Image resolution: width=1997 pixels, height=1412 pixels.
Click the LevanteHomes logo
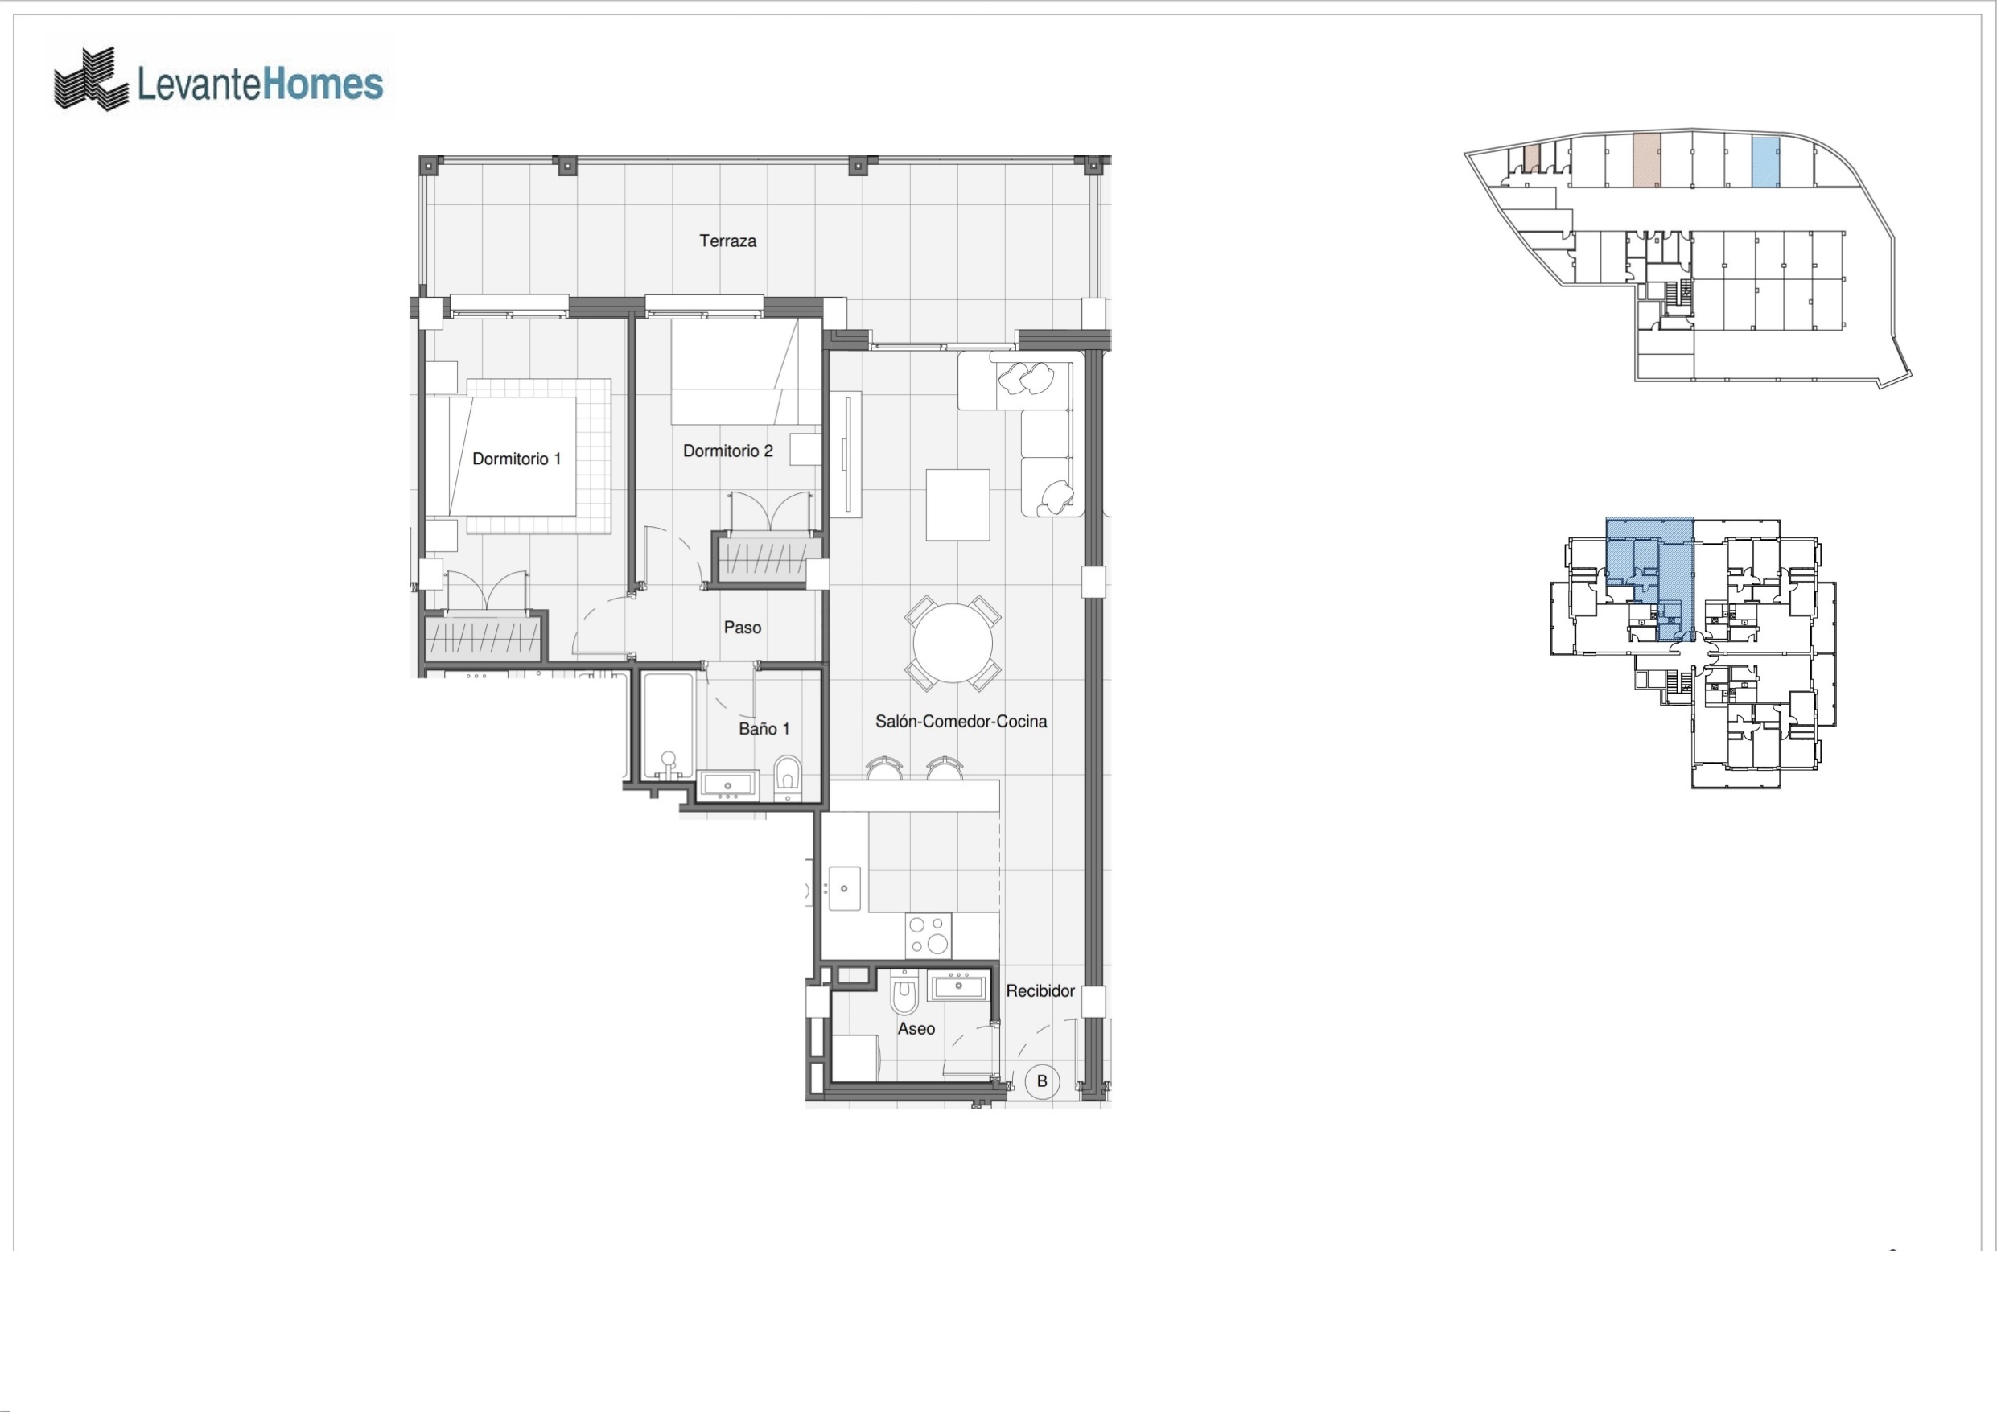[x=218, y=80]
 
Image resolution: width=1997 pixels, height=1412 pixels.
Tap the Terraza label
[x=728, y=241]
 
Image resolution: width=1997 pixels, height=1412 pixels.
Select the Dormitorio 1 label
[x=517, y=459]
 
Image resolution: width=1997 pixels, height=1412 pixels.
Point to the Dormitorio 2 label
[x=728, y=451]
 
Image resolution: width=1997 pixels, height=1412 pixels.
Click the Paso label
[x=743, y=628]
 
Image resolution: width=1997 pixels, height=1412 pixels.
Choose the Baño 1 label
[x=764, y=729]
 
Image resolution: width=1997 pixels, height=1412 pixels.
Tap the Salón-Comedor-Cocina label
[x=961, y=721]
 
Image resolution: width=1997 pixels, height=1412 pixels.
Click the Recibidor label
[x=1040, y=991]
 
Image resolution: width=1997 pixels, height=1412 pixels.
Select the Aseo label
[x=916, y=1028]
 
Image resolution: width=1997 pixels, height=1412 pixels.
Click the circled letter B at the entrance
[x=1042, y=1081]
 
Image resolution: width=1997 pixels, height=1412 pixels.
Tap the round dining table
[x=953, y=644]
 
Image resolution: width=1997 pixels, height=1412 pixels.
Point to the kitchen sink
[x=845, y=888]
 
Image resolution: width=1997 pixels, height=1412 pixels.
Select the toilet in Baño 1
[x=787, y=776]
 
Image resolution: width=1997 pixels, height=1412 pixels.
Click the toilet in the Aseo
[x=905, y=993]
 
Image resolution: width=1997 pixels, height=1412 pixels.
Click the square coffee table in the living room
[x=957, y=504]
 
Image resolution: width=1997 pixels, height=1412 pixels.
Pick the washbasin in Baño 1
[x=728, y=785]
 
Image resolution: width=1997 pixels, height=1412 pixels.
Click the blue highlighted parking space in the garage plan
[x=1764, y=163]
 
